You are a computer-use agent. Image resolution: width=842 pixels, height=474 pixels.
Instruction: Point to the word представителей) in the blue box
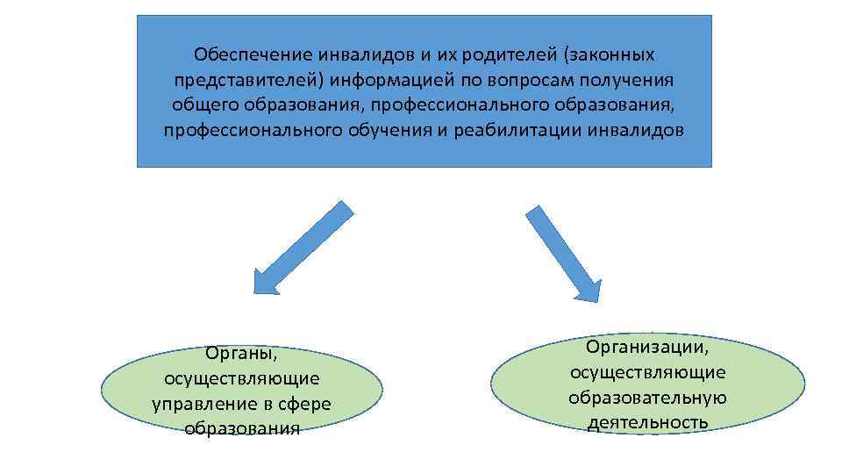tap(249, 81)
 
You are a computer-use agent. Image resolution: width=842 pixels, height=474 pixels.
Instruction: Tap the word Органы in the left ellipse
tap(241, 354)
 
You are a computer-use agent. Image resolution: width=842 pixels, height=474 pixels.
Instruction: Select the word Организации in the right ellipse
tap(647, 348)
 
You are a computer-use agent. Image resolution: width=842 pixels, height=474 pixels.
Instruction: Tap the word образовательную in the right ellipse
tap(647, 398)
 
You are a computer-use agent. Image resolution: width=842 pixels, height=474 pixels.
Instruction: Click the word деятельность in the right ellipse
tap(647, 423)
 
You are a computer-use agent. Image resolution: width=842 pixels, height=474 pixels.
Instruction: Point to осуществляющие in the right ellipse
tap(647, 372)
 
